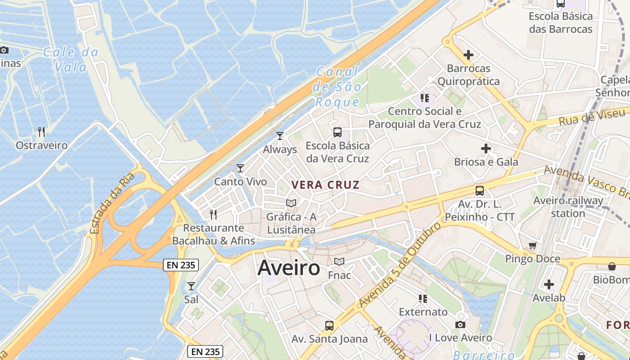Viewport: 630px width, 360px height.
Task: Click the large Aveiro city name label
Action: [x=289, y=268]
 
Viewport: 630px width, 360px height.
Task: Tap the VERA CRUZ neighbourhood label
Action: [x=325, y=184]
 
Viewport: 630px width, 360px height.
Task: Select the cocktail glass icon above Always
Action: [x=280, y=135]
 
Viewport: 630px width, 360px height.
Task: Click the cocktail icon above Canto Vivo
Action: [x=240, y=168]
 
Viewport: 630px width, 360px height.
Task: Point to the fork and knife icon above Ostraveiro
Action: [x=41, y=131]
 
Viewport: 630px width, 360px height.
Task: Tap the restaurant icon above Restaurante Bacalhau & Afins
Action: [x=213, y=214]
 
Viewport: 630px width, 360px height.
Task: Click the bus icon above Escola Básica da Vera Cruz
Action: [x=337, y=132]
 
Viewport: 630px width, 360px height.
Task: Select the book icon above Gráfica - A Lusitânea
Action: [x=291, y=203]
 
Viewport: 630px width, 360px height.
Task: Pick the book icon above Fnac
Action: [x=339, y=261]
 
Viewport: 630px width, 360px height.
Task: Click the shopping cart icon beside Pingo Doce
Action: [x=533, y=246]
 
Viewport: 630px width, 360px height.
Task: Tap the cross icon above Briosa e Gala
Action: [x=486, y=148]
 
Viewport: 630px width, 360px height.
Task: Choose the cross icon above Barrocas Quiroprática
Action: [x=468, y=55]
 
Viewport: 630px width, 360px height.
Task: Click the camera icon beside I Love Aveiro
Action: [x=460, y=324]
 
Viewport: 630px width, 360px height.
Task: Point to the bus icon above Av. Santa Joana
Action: [x=329, y=325]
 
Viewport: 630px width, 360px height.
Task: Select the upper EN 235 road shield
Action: [x=181, y=265]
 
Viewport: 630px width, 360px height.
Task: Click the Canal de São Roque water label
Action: [x=337, y=86]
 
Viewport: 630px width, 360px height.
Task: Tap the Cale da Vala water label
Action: [x=71, y=59]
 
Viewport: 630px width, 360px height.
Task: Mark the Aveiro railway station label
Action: [x=568, y=207]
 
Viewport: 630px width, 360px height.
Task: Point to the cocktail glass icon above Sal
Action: [x=191, y=286]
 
